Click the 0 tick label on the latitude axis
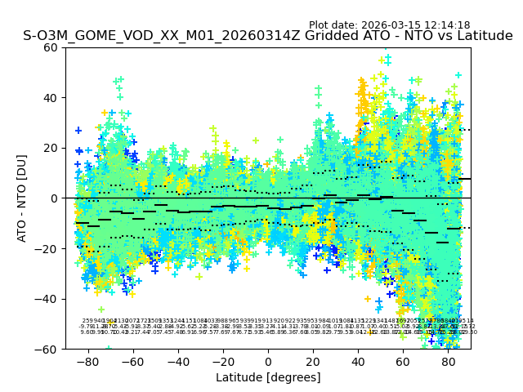coord(268,361)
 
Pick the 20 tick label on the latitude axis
coord(313,361)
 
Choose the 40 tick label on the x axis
coord(358,361)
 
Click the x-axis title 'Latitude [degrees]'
coord(268,377)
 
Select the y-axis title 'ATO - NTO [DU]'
coord(22,198)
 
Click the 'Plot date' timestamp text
coord(389,25)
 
